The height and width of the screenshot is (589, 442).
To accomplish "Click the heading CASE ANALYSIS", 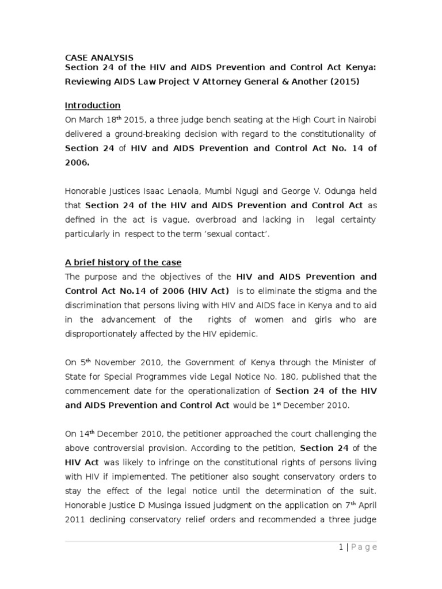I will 98,58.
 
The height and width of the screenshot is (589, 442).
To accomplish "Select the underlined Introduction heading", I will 92,105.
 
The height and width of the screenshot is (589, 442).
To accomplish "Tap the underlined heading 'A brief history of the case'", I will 123,262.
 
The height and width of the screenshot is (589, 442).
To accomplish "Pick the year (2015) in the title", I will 345,82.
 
